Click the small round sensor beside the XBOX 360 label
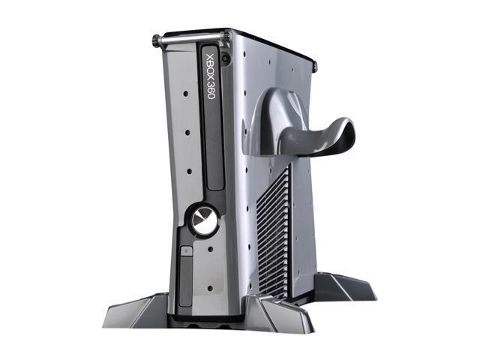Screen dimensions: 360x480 click(226, 55)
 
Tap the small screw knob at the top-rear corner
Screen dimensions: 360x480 click(314, 67)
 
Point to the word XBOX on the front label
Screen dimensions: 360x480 click(209, 67)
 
